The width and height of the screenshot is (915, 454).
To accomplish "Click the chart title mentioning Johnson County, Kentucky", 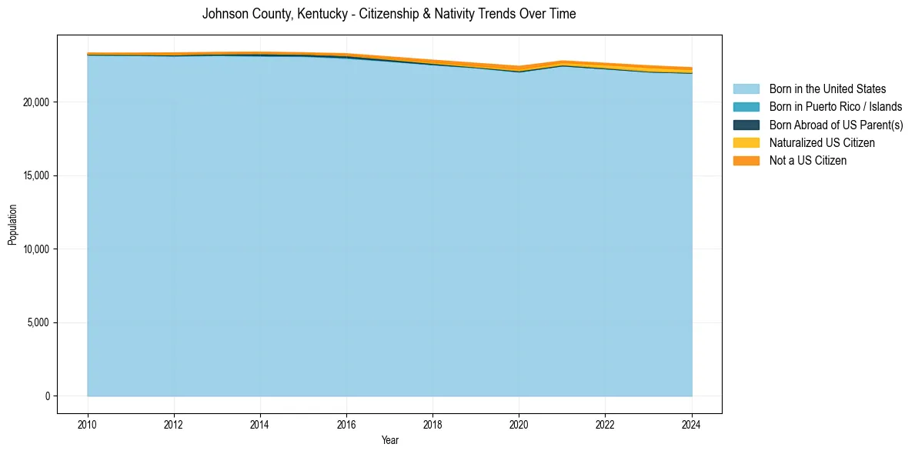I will (389, 14).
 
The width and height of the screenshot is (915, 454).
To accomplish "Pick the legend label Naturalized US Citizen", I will (822, 143).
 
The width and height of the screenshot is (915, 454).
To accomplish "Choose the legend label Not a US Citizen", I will (807, 161).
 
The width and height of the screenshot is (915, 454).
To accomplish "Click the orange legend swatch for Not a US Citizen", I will (746, 161).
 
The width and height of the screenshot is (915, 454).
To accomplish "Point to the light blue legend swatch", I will (746, 89).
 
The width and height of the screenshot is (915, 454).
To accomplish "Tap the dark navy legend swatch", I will (746, 125).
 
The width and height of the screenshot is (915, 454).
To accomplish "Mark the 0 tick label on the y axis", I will (47, 396).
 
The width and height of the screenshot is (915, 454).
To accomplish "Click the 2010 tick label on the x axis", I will (88, 423).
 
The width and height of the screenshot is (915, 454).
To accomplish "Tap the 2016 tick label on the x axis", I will (346, 423).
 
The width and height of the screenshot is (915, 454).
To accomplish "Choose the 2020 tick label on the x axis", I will (519, 423).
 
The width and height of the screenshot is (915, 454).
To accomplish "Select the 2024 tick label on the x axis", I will (691, 423).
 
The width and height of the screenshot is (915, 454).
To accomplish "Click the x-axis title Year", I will (389, 440).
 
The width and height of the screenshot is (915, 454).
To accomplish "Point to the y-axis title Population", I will (12, 224).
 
